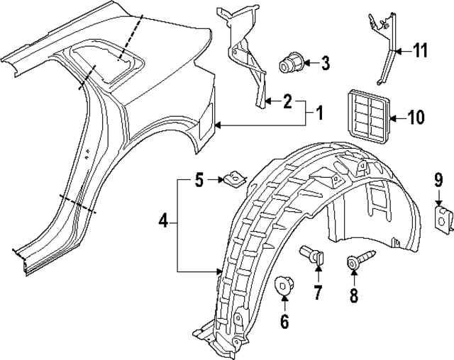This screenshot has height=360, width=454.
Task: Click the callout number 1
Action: [x=320, y=112]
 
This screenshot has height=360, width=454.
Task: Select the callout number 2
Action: [x=287, y=102]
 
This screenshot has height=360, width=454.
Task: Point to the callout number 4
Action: [x=163, y=222]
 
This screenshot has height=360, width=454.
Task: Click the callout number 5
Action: [x=200, y=180]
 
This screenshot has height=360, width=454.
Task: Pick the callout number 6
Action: [x=284, y=322]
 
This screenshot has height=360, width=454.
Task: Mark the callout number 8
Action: [x=354, y=293]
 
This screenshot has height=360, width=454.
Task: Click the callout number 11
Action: [x=421, y=50]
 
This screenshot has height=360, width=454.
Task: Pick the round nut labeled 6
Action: [x=284, y=287]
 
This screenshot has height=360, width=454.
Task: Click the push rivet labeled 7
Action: [x=313, y=253]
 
